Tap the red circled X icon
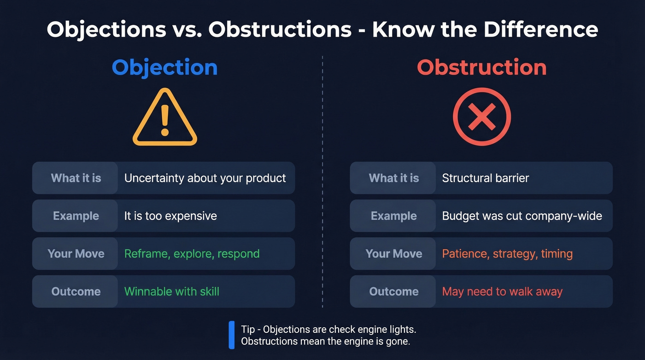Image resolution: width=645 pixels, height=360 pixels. coord(481,117)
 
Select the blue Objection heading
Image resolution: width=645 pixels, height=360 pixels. coord(164,67)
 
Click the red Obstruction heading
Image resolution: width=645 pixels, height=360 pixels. coord(481,67)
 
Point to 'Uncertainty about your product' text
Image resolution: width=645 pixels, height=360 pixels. coord(205,178)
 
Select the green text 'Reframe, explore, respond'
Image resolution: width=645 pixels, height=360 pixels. coord(192,254)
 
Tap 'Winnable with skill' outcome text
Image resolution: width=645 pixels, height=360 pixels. coord(171,291)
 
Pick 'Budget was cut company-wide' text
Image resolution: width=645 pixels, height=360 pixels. coord(522,216)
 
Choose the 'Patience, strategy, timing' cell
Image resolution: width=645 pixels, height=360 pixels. coord(507,254)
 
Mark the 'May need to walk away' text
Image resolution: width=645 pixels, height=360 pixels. coord(502,291)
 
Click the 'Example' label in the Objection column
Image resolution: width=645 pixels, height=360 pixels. coord(76,216)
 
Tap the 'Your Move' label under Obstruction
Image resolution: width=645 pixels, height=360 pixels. coord(393,254)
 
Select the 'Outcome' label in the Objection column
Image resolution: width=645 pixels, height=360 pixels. coord(76,291)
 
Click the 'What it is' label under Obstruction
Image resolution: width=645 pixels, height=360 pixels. coord(393,178)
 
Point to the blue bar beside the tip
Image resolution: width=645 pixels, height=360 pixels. coord(232,335)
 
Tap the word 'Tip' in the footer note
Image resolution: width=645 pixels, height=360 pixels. coord(248,330)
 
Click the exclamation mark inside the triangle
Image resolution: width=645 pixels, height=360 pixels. coord(164,118)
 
